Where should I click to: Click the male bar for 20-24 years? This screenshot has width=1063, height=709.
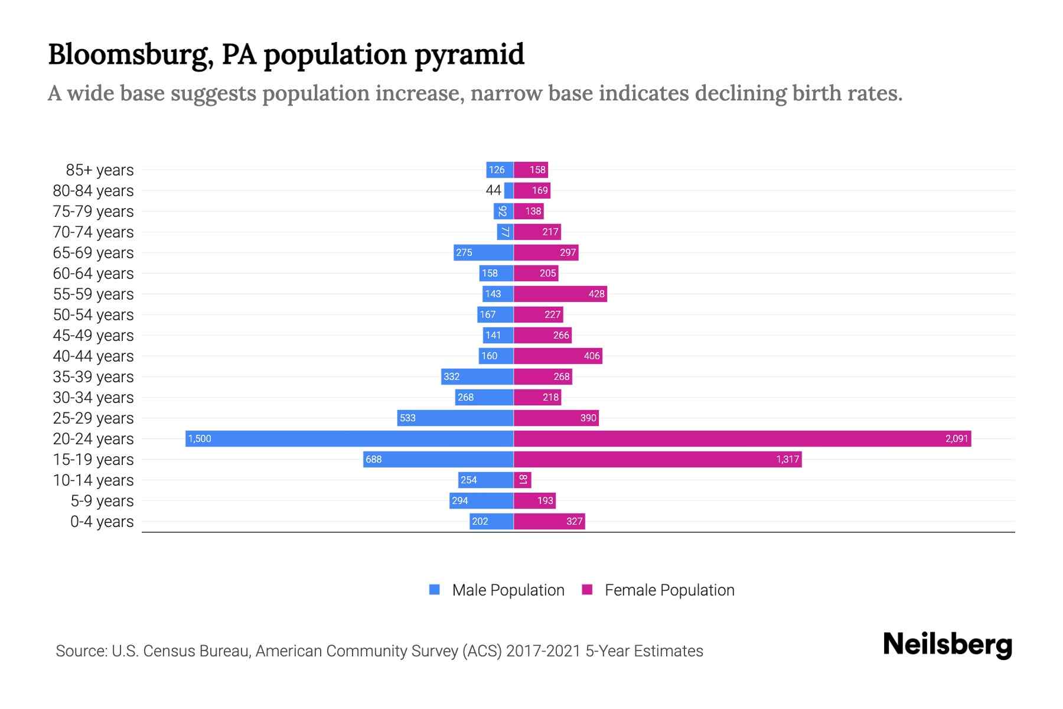coord(350,438)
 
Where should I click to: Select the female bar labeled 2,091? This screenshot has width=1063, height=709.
coord(742,438)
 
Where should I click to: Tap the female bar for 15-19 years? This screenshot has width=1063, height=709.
coord(657,459)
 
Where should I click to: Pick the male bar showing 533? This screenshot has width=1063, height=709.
coord(455,418)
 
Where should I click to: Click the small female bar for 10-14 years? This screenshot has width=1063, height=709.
coord(523,480)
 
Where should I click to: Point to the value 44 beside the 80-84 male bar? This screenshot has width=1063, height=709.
coord(493,190)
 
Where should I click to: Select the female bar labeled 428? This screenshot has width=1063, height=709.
coord(560,294)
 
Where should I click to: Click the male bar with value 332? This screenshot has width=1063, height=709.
coord(477,376)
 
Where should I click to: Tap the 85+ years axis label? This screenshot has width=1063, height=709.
coord(100,170)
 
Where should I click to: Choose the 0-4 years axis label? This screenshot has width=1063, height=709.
coord(102,522)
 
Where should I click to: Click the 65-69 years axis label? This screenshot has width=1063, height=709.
coord(93,253)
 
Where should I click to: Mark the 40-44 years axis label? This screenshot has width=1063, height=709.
coord(93,356)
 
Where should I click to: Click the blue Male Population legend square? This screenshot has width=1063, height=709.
coord(435,590)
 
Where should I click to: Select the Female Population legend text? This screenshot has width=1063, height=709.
coord(669,590)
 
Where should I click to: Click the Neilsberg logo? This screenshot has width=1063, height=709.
coord(947,645)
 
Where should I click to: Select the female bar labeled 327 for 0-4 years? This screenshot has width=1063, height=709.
coord(549,521)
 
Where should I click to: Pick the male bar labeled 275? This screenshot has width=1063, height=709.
coord(484,252)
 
